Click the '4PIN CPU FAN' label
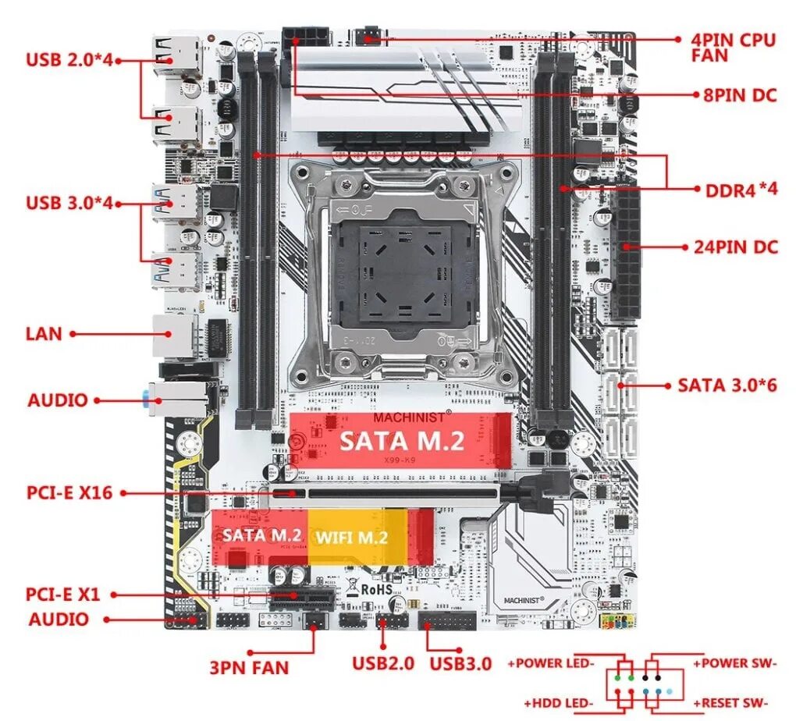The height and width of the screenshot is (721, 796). (x=733, y=47)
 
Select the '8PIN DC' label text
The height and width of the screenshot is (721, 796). (x=739, y=95)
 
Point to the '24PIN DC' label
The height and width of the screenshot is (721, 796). (x=735, y=247)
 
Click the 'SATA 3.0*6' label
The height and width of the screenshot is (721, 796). (x=727, y=385)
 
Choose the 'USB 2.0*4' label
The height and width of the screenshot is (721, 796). (x=70, y=59)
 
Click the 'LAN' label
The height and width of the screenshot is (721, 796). (x=43, y=334)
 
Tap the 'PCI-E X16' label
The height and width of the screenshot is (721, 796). (x=69, y=493)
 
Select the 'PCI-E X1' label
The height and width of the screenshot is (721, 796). (x=63, y=595)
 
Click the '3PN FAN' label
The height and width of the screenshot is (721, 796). (x=249, y=668)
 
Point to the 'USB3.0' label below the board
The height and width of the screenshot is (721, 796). (x=460, y=664)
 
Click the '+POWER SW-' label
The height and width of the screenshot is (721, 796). (x=734, y=663)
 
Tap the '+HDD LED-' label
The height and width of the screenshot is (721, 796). (x=559, y=702)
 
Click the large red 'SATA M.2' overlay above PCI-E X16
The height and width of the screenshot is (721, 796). (x=400, y=441)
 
